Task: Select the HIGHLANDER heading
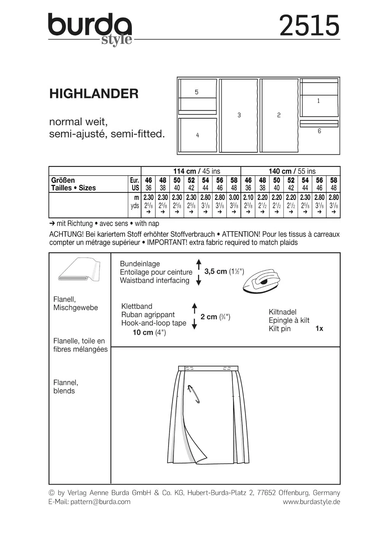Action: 94,94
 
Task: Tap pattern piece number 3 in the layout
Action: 239,115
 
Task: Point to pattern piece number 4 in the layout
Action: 198,135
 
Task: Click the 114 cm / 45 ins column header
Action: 196,171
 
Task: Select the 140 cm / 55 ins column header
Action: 292,171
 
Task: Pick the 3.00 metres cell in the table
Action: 234,198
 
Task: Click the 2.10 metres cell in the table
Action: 248,198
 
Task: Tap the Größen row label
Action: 63,180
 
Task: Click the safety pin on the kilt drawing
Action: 194,394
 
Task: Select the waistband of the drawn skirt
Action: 208,368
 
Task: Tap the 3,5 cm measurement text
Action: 215,271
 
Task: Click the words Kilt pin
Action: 279,329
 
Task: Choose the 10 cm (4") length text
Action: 149,333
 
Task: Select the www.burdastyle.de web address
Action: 311,502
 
